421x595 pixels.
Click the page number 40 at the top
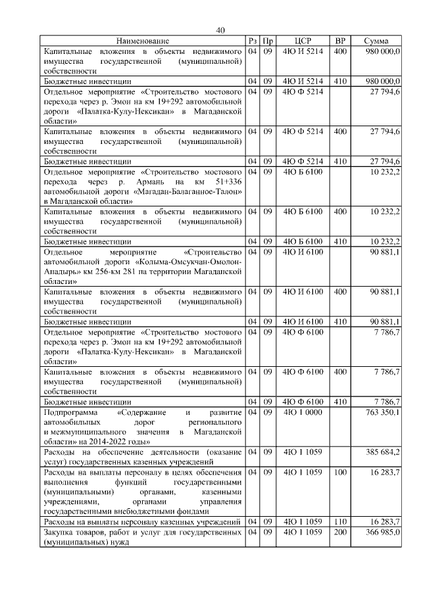tap(220, 30)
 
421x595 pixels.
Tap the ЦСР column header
tap(303, 41)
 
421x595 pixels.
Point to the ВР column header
tap(340, 41)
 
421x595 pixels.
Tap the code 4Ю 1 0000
tap(303, 412)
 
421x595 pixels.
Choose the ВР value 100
tap(340, 472)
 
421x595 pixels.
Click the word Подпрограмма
tap(69, 412)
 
